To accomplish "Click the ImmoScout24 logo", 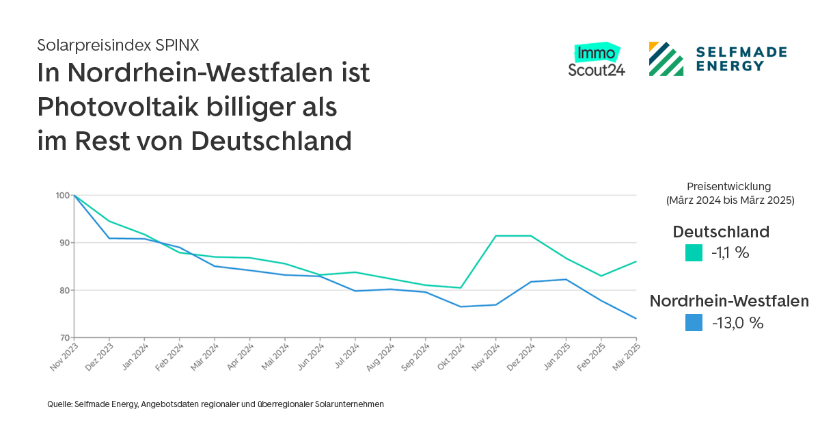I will click(x=597, y=61).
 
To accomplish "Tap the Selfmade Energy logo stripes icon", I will click(x=666, y=59).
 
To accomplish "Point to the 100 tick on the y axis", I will click(x=63, y=196).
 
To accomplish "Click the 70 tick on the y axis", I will click(x=63, y=338).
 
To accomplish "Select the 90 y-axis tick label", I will click(x=63, y=243).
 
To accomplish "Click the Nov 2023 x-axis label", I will click(x=64, y=356).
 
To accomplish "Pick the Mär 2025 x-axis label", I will click(x=627, y=356).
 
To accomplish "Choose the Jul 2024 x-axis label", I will click(x=346, y=356).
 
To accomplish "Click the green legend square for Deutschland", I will click(x=694, y=253).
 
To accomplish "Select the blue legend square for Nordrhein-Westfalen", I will click(x=694, y=323).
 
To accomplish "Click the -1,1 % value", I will click(x=730, y=253).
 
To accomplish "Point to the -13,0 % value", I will click(x=737, y=323).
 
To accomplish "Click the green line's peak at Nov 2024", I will click(x=495, y=235).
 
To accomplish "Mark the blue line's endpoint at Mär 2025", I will click(x=636, y=318).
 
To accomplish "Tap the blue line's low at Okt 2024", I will click(x=461, y=306).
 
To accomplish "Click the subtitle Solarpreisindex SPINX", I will click(x=118, y=46).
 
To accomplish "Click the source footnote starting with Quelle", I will click(x=215, y=404).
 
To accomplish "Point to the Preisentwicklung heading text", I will click(x=729, y=186).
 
